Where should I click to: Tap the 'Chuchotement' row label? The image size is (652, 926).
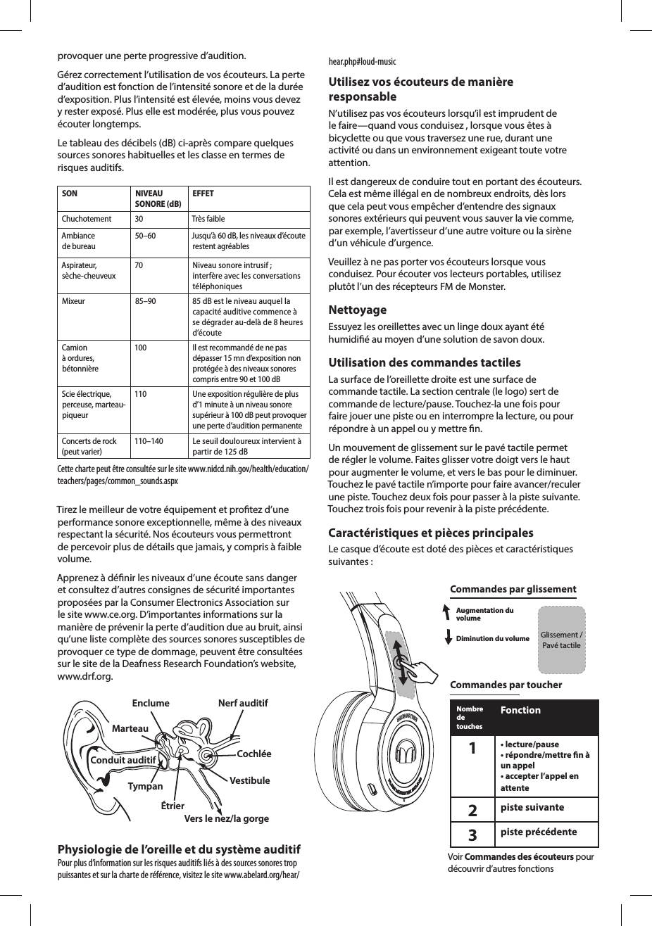(87, 219)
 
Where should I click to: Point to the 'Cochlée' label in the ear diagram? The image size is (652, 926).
(254, 754)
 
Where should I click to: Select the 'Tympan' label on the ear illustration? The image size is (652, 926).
(145, 786)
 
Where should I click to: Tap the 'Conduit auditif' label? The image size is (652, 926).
(123, 761)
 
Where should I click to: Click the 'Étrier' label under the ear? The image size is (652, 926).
(173, 806)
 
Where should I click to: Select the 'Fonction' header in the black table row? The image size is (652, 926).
(520, 710)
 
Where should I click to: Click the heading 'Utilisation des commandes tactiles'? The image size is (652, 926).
(425, 363)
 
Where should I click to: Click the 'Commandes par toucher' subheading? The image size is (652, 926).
(506, 685)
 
